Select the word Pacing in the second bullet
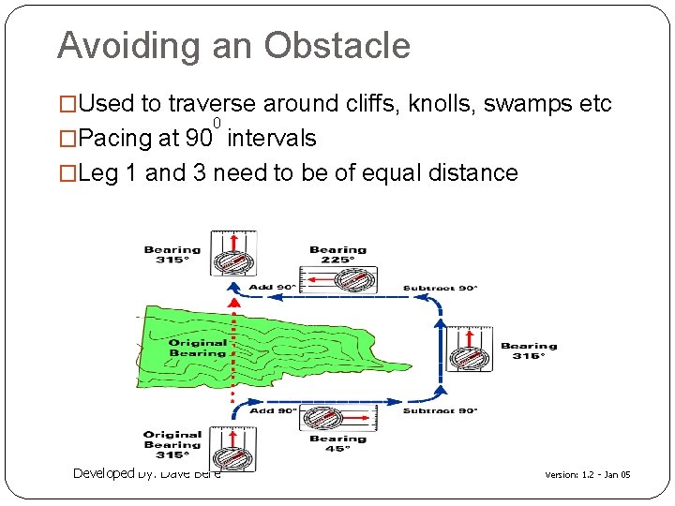tap(116, 139)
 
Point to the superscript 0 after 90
tap(217, 124)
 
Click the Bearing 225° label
tap(338, 255)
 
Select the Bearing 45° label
tap(337, 442)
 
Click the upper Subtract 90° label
tap(440, 288)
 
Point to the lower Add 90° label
tap(273, 410)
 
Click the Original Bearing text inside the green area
tap(197, 348)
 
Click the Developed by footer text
tap(146, 473)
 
